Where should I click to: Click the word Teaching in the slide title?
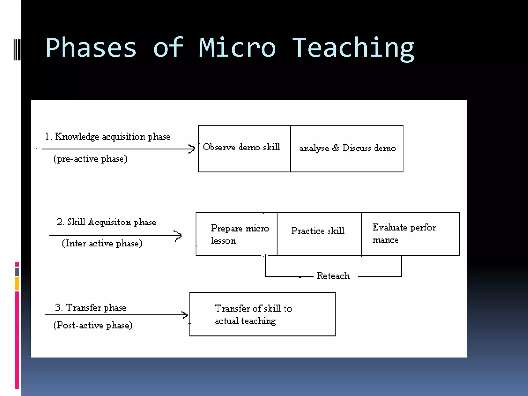[x=353, y=48]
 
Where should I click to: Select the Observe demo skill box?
[x=244, y=148]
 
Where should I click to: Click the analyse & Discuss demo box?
[x=347, y=148]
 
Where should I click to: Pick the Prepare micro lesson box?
[x=236, y=234]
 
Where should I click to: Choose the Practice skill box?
[x=319, y=234]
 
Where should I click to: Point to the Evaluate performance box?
[x=410, y=234]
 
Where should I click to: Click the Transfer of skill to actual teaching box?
[x=262, y=314]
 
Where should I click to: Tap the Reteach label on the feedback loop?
[x=333, y=276]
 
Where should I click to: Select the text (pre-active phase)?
[x=90, y=159]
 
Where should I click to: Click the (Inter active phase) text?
[x=102, y=243]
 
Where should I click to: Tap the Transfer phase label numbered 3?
[x=91, y=308]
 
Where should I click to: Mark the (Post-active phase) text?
[x=93, y=325]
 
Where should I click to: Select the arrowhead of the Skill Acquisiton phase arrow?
[x=179, y=235]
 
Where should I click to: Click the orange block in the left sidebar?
[x=17, y=284]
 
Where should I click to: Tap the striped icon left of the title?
[x=17, y=49]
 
